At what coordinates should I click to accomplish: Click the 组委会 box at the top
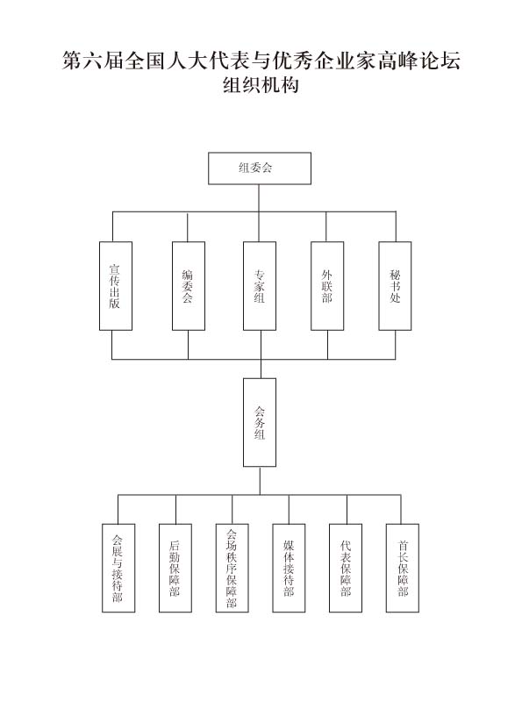[x=260, y=168]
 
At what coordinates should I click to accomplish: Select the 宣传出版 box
[x=116, y=286]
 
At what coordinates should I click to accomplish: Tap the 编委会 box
[x=189, y=286]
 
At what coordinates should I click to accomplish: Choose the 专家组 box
[x=260, y=286]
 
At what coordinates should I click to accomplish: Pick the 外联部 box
[x=327, y=286]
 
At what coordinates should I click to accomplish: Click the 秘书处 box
[x=395, y=286]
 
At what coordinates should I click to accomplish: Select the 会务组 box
[x=260, y=422]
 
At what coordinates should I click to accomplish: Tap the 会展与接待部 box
[x=118, y=568]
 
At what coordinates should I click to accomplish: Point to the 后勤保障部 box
[x=175, y=568]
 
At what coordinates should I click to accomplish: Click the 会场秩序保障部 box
[x=232, y=568]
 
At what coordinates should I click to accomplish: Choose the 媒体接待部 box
[x=289, y=568]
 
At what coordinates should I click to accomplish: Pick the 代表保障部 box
[x=346, y=568]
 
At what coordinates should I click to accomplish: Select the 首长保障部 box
[x=403, y=568]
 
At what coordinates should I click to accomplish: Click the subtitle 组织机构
[x=261, y=85]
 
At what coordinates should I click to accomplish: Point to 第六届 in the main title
[x=93, y=61]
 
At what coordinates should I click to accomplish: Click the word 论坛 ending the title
[x=440, y=61]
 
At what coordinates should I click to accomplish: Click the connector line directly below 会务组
[x=260, y=481]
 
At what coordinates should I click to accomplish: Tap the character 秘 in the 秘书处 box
[x=395, y=275]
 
